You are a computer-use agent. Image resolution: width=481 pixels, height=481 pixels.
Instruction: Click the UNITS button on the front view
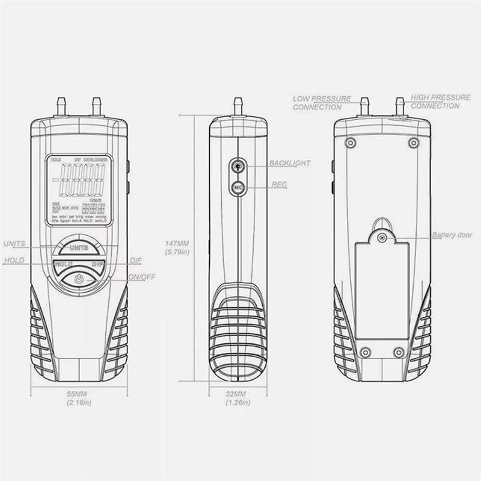[79, 247]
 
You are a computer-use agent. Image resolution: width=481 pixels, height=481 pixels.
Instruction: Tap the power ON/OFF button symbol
[79, 279]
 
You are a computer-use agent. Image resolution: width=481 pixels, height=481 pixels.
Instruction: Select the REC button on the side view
[237, 187]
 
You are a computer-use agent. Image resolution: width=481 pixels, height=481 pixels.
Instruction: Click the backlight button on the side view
[237, 164]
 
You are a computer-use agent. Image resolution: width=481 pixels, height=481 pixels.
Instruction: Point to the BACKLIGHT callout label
[290, 163]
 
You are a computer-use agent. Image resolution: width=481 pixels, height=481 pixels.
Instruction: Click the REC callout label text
[280, 186]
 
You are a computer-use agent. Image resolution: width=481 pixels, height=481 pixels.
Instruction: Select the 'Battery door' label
[452, 235]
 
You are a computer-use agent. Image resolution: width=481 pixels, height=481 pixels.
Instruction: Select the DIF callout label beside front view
[135, 261]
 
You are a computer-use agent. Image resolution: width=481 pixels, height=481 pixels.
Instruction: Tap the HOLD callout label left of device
[14, 261]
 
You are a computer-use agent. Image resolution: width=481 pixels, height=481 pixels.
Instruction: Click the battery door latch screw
[381, 237]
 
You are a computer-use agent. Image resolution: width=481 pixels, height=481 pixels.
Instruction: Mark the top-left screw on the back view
[351, 142]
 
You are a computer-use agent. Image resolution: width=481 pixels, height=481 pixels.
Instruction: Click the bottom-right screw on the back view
[398, 352]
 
